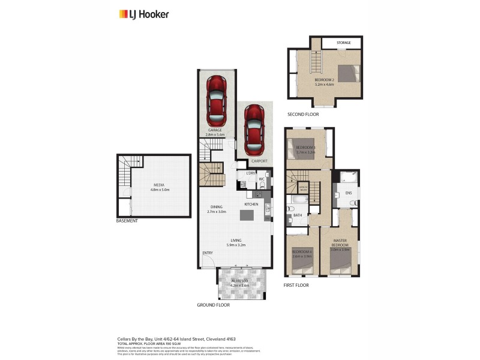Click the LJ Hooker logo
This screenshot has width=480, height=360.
pos(143,14)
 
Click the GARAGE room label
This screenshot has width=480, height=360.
pos(215,130)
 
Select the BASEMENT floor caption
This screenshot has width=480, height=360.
pos(127,221)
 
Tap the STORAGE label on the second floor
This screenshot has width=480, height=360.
pos(343,43)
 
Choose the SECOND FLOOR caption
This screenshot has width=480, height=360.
pos(303,114)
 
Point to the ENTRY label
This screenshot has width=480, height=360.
pos(208,253)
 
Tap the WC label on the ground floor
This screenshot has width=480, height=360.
pos(262,179)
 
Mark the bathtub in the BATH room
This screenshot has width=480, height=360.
pos(299,199)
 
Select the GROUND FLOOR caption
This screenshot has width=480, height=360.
pos(213,305)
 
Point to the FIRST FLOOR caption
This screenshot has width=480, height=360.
pos(296,285)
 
